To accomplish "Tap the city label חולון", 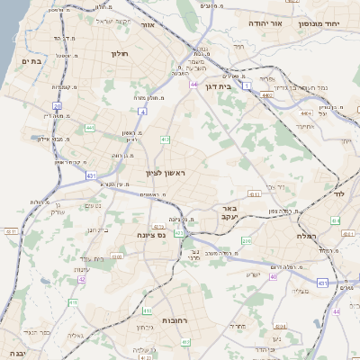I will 120,54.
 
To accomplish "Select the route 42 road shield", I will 82,280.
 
